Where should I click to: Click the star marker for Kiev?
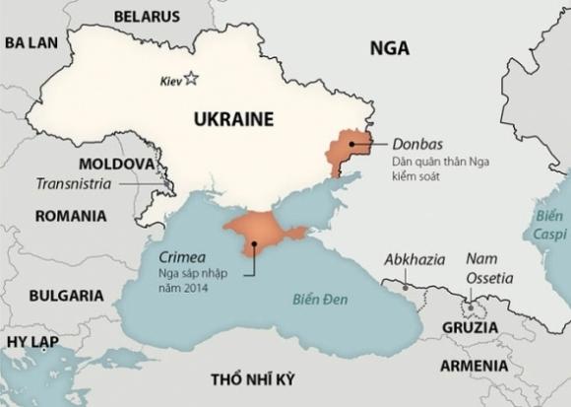coord(191,79)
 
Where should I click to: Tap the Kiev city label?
coord(170,81)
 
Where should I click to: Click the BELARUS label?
coord(147,16)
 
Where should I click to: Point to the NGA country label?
coord(389,47)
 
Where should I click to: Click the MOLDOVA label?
coord(116,163)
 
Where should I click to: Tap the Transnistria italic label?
coord(74,183)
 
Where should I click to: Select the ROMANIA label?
coord(70,215)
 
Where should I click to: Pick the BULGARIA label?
coord(66,295)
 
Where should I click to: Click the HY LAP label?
coord(32,341)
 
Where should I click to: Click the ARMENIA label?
coord(474,366)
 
